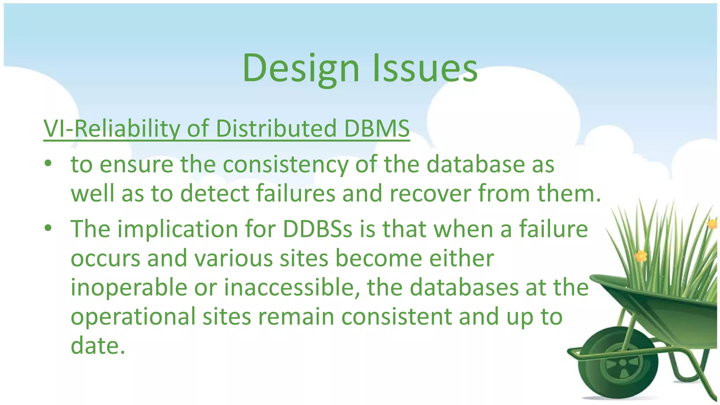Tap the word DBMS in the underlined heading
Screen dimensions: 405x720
point(377,128)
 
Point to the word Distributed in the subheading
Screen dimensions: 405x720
point(276,128)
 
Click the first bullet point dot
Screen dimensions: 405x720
point(48,164)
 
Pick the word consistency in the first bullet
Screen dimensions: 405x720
point(285,165)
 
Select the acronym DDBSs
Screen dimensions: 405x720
point(317,229)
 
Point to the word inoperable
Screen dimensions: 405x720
point(129,288)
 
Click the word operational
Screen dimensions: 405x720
point(133,316)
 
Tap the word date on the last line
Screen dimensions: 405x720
point(97,346)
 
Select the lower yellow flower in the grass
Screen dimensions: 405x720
point(641,256)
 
